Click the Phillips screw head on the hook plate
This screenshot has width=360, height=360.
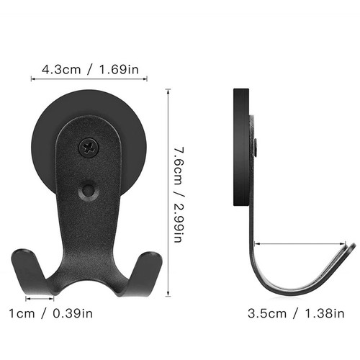click(x=89, y=147)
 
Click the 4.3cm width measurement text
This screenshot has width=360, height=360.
click(x=61, y=70)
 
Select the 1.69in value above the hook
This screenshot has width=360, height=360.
click(x=119, y=70)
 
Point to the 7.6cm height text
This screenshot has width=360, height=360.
click(x=179, y=166)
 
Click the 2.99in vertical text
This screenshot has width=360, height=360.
click(x=179, y=222)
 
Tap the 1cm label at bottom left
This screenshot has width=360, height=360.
click(x=22, y=314)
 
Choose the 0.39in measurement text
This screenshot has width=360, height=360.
click(x=73, y=314)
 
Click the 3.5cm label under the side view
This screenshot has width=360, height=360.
click(x=267, y=314)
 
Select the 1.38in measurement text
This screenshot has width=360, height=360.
click(x=325, y=314)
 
